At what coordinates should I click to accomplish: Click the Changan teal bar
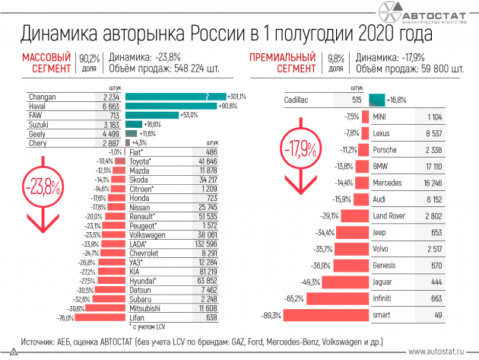(x=176, y=97)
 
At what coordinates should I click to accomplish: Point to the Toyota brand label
(x=142, y=161)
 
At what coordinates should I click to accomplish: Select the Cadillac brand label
(x=297, y=100)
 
